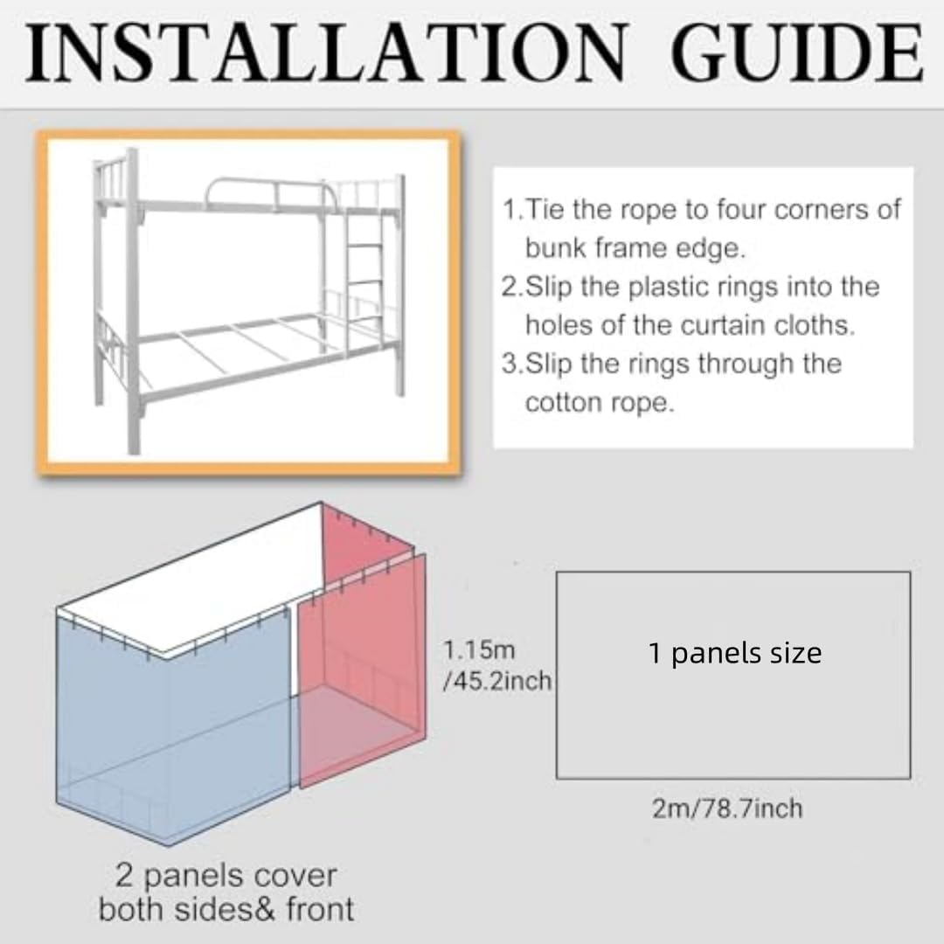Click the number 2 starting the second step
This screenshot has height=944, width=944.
509,287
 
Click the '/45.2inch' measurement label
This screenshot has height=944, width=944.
497,680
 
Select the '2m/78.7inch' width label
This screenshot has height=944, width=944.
726,809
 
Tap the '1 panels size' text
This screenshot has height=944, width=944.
734,653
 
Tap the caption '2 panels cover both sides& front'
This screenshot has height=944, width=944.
226,892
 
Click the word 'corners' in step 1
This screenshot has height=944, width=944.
836,211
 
